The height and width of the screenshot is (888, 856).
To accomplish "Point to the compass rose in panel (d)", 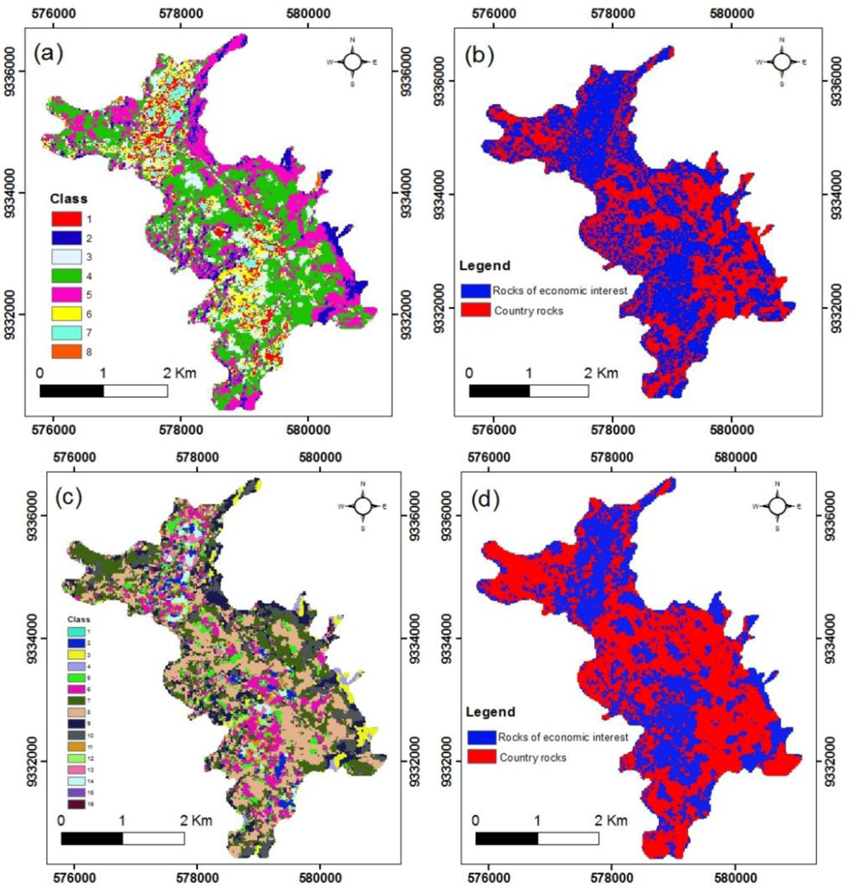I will [x=777, y=504].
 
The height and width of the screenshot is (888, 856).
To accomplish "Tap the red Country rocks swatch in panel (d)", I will [x=480, y=756].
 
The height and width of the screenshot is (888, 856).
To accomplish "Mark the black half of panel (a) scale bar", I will [x=72, y=391].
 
